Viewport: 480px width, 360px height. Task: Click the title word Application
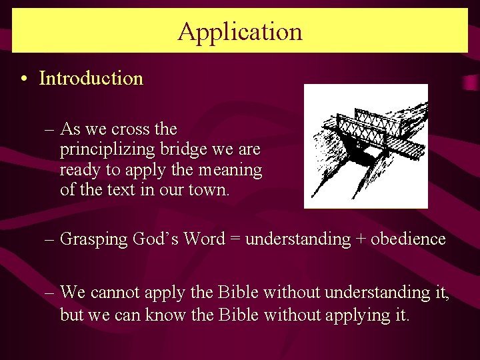240,31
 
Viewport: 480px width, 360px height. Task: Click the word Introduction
91,79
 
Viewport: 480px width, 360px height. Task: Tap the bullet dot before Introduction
23,79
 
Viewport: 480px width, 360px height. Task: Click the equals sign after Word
235,239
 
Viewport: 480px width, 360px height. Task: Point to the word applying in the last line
359,314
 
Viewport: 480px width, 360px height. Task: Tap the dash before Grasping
51,239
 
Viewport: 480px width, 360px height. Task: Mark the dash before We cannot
51,293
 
